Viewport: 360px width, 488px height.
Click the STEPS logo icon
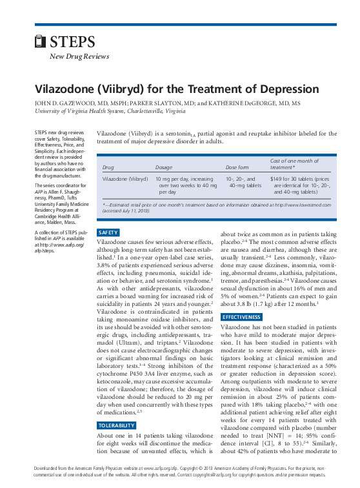tap(40, 43)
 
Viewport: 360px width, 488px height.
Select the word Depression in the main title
tap(288, 89)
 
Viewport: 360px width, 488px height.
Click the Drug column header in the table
tap(108, 167)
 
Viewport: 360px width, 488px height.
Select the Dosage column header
tap(164, 167)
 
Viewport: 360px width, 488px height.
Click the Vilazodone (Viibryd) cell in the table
tap(125, 178)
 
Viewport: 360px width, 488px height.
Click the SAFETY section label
tap(107, 232)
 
